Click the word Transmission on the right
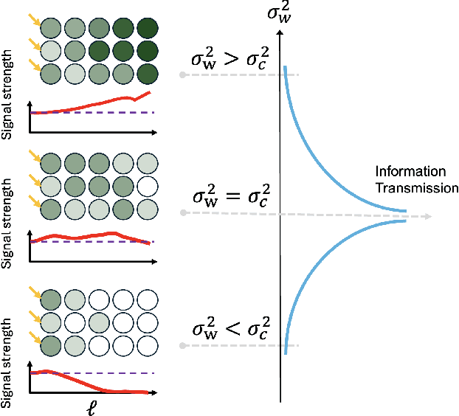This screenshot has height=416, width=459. (417, 188)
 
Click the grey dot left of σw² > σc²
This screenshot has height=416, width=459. (182, 75)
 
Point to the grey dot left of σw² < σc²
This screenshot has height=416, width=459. (182, 346)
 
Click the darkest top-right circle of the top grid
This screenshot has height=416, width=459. (148, 29)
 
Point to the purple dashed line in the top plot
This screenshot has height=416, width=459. (111, 112)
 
